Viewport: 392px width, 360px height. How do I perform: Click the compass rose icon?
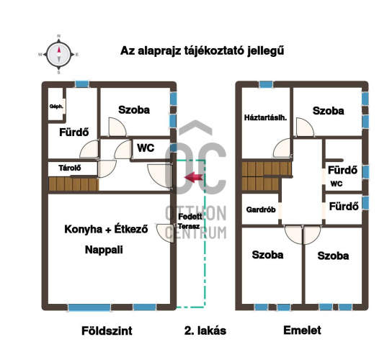pos(59,55)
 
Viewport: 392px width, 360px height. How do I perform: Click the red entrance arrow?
pos(193,177)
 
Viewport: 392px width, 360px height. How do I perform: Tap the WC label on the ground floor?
pos(146,148)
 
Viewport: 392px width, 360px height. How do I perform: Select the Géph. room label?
pos(56,107)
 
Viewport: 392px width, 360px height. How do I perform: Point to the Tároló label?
pos(70,168)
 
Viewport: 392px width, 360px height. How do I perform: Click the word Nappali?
pos(104,250)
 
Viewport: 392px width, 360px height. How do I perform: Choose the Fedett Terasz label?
pos(190,221)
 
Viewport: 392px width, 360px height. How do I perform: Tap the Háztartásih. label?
pos(265,117)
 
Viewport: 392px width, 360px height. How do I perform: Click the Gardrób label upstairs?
pos(261,210)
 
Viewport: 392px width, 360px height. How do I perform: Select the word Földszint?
pos(107,330)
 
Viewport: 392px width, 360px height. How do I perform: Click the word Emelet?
pos(302,330)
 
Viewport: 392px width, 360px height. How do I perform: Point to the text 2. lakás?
pos(205,330)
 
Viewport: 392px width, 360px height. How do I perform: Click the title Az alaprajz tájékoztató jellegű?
pos(202,51)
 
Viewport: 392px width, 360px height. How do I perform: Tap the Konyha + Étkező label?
pos(106,229)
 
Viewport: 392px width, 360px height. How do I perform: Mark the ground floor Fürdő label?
pos(74,132)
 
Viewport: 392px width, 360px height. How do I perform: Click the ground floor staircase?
pos(73,184)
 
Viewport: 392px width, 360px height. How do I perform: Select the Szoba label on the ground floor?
pos(134,110)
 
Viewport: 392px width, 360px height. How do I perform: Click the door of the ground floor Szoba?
pos(117,127)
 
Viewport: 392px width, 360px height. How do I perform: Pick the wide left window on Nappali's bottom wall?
pos(89,307)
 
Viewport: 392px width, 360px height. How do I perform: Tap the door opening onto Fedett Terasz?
pos(165,233)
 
